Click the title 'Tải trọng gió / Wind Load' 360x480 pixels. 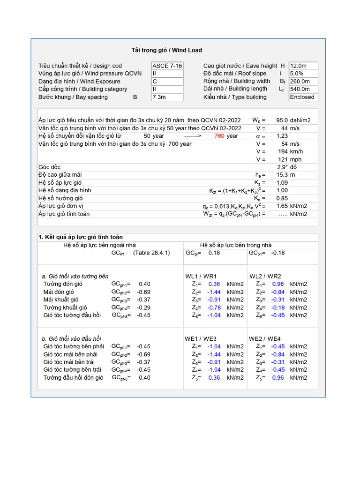coord(166,50)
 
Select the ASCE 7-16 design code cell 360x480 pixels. coord(167,66)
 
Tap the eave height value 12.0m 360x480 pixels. coord(303,66)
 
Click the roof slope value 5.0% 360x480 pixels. coord(303,74)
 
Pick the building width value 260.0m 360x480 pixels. coord(303,82)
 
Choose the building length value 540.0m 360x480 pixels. coord(303,89)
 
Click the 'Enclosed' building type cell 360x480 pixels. coord(303,97)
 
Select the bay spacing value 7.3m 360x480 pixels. coord(167,97)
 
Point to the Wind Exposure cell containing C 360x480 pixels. coord(167,82)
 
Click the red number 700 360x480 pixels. coord(219,136)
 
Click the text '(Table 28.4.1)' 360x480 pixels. coord(151,253)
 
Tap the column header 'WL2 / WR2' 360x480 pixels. coord(265,277)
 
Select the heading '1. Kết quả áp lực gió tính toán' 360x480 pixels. coord(81,237)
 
